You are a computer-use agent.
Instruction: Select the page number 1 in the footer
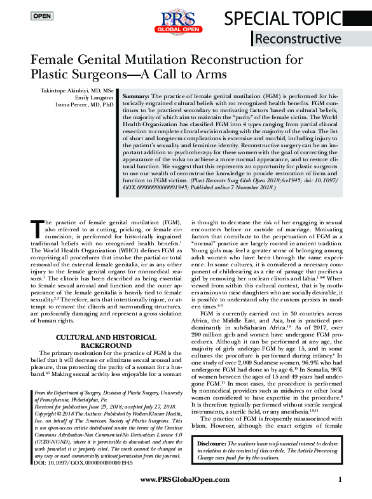point(340,479)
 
